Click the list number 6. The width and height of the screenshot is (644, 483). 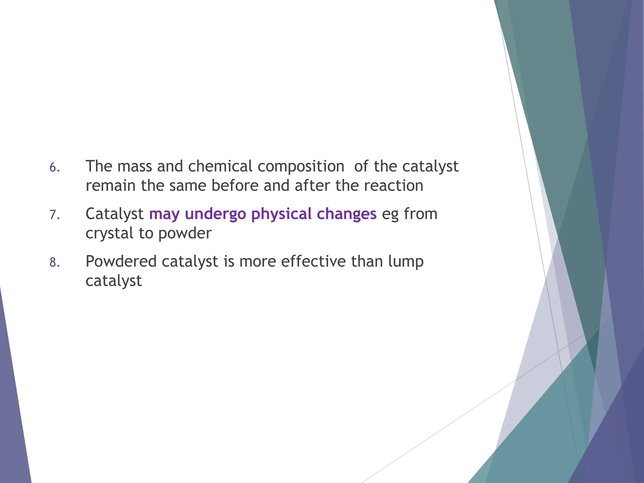[54, 168]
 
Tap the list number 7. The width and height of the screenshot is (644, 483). [54, 215]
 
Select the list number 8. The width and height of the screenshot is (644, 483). [54, 263]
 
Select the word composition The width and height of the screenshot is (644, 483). [301, 167]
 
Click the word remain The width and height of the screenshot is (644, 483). [110, 186]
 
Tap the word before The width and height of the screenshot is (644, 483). [235, 186]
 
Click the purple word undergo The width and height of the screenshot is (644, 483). [215, 214]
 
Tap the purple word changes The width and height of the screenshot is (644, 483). [347, 214]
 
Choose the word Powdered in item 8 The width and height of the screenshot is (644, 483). [120, 261]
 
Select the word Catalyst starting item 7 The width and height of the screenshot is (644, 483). [114, 214]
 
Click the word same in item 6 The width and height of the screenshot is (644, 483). [188, 186]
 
